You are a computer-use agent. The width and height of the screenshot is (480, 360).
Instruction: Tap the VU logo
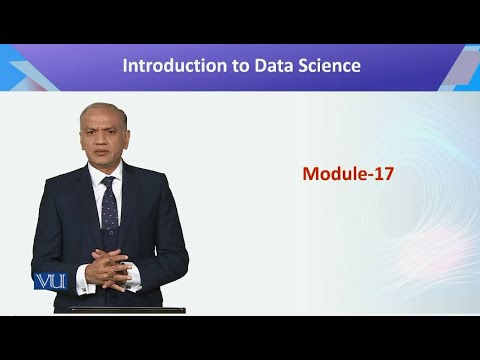pos(49,281)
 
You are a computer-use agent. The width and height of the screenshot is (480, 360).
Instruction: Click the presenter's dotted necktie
pos(110,205)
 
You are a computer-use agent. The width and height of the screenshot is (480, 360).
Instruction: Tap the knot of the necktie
pos(109,182)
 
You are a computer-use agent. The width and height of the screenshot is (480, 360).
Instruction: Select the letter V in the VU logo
pos(42,281)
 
